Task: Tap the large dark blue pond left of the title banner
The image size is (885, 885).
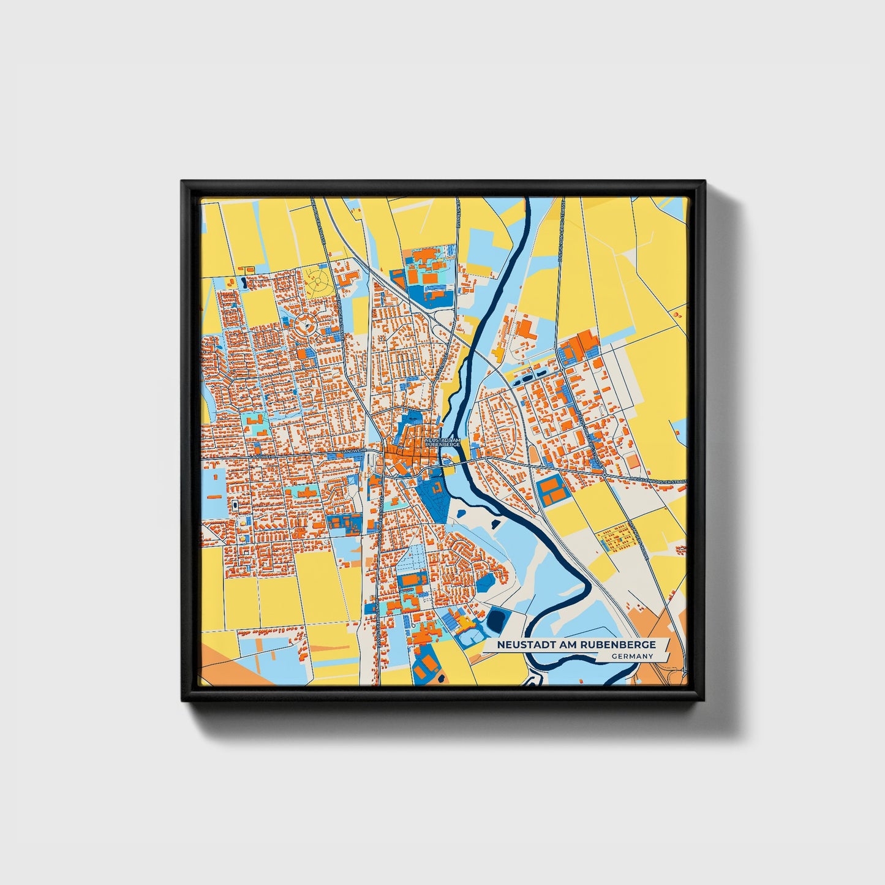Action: click(495, 620)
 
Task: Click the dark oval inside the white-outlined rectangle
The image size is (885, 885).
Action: click(235, 505)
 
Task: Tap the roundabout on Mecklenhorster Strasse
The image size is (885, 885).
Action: click(604, 475)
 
